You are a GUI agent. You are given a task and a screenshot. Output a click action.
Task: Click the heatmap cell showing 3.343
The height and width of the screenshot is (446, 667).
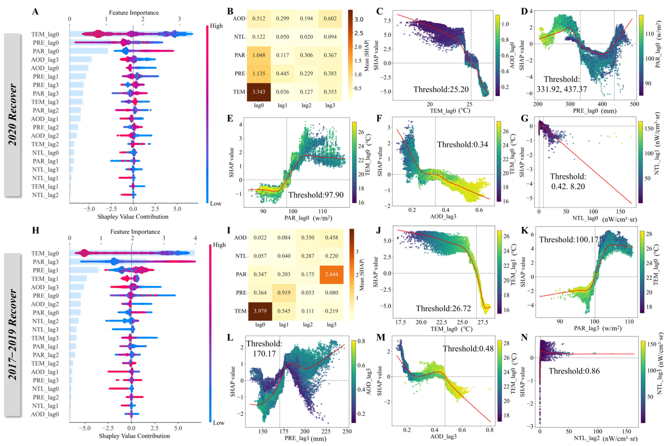pos(258,92)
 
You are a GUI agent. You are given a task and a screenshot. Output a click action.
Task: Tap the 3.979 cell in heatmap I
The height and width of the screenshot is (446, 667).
pos(260,311)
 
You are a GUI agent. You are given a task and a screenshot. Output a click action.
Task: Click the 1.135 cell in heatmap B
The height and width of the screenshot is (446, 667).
pos(258,74)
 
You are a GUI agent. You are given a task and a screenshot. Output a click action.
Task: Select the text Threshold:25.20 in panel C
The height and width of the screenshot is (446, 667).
pos(441,90)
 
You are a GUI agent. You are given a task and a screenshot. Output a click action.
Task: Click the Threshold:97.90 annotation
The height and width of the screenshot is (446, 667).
pos(316,195)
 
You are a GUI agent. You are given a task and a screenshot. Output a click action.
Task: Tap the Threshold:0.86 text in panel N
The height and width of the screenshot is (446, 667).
pos(574,371)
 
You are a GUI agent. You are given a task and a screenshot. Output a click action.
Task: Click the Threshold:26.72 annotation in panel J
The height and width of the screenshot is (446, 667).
pos(443,308)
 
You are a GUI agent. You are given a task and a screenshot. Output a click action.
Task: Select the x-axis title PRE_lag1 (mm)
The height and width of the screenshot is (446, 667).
pos(305,438)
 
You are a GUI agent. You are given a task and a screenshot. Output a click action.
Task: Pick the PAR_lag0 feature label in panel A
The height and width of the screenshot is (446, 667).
pos(46,51)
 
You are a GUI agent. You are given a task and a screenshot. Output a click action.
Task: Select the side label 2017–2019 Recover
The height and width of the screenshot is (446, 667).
pos(12,334)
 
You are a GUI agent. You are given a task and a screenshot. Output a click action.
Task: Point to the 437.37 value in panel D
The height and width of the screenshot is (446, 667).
pos(575,89)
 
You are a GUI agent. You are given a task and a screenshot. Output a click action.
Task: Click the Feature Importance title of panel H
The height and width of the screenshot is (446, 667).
pos(135,232)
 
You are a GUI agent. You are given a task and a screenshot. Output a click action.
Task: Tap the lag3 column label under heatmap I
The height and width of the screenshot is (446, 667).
pos(331,325)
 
